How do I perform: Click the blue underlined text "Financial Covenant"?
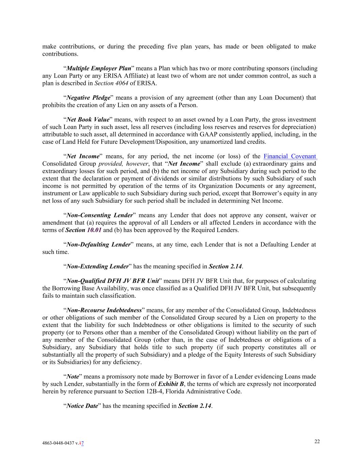coord(290,156)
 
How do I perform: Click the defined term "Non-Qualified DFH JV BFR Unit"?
coord(113,281)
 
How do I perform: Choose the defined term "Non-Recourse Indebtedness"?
coord(104,310)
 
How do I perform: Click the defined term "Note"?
coord(73,377)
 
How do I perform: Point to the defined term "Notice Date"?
coord(82,406)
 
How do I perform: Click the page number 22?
coord(317,441)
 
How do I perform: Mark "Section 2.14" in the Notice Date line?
coord(195,406)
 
